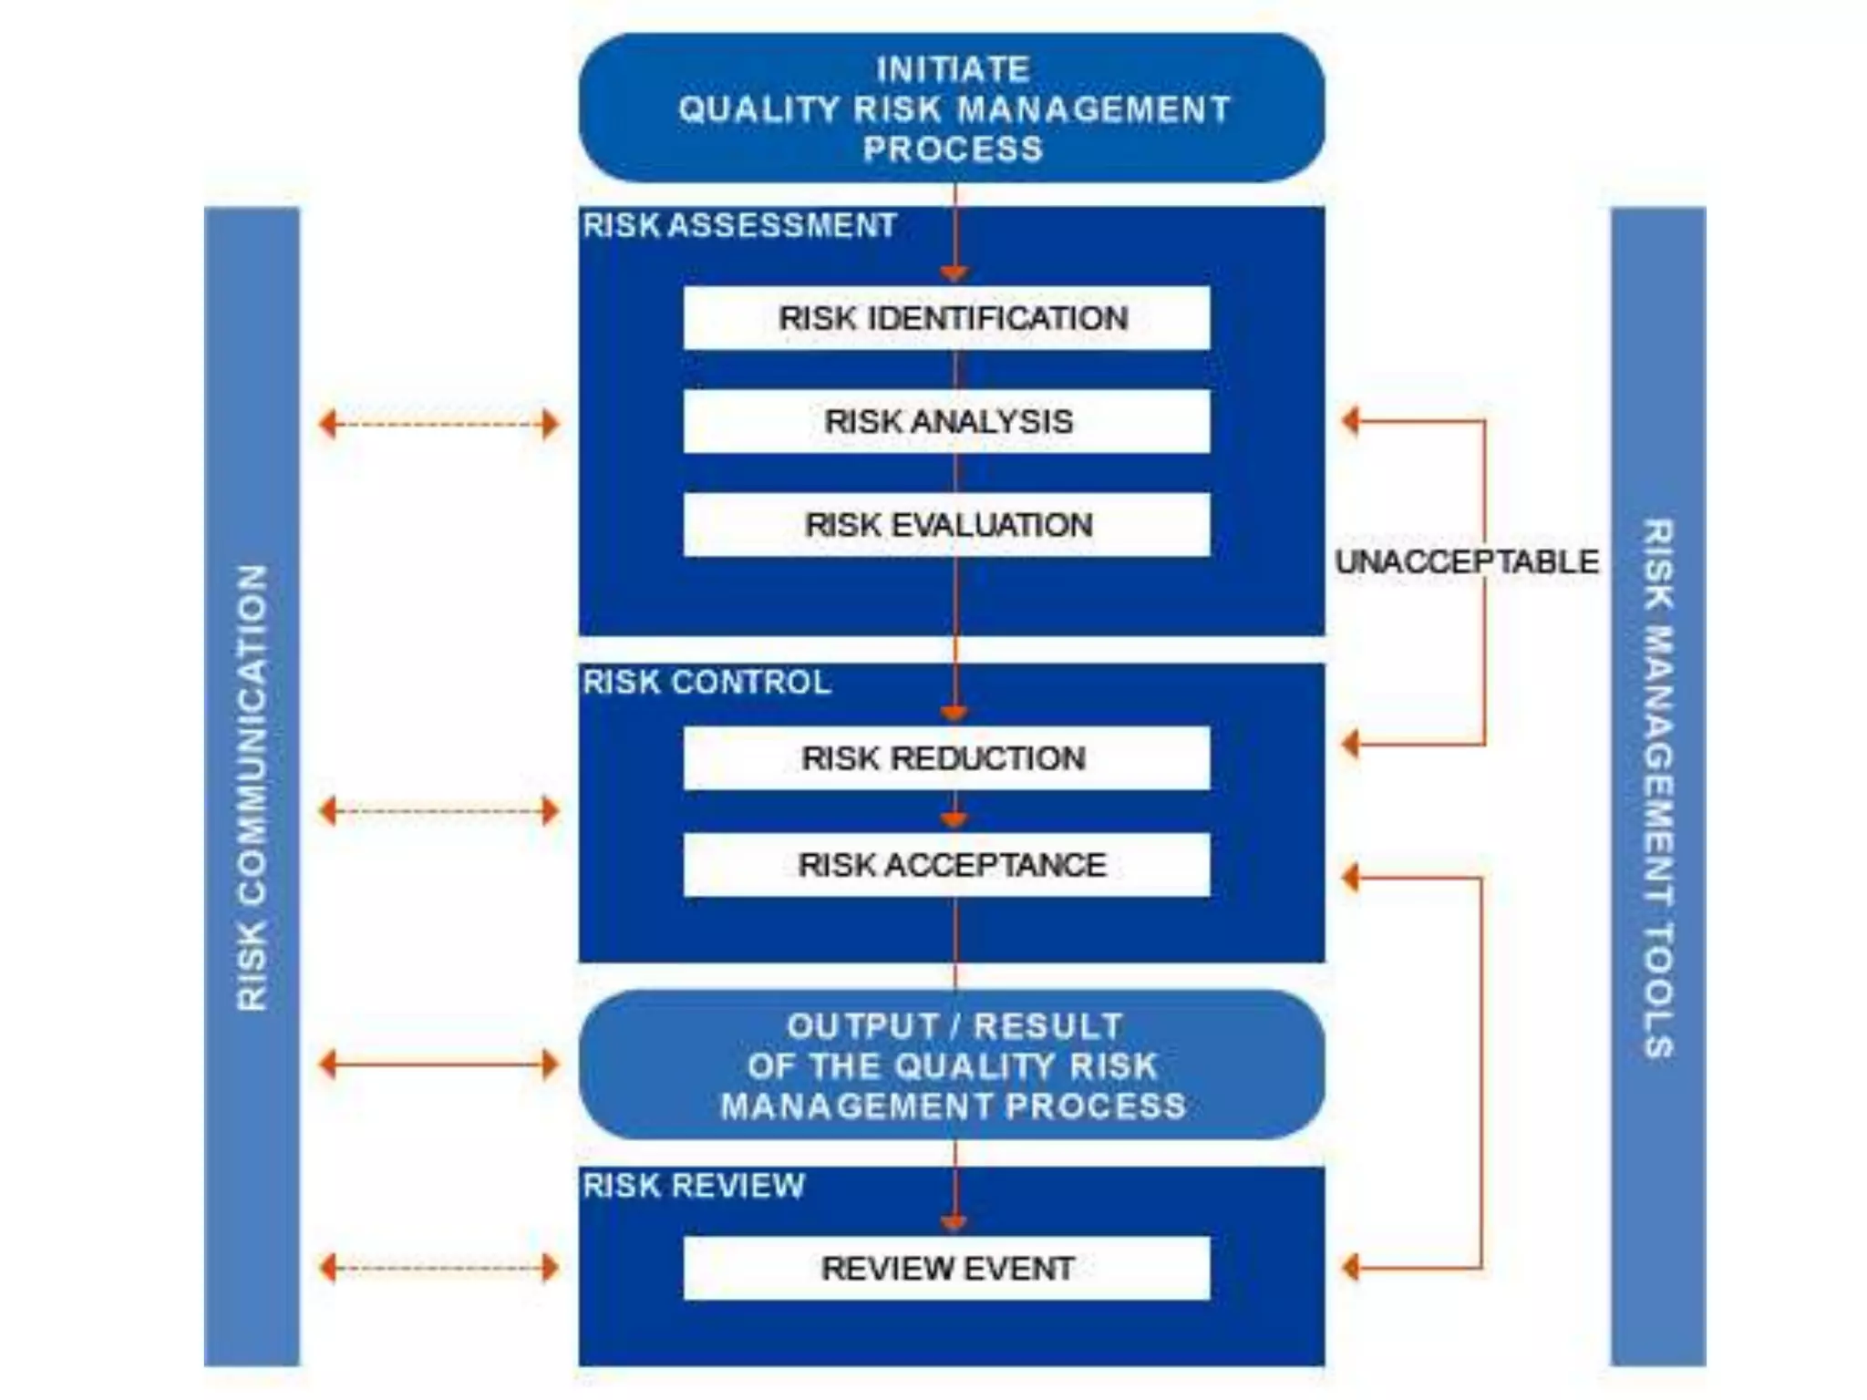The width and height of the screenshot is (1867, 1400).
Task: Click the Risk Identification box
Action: click(x=946, y=318)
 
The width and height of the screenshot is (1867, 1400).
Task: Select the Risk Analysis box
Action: click(x=946, y=421)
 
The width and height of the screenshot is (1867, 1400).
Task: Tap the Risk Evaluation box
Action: click(x=946, y=525)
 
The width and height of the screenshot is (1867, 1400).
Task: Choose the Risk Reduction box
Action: click(x=946, y=758)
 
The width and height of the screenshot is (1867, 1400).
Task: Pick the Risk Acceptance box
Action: click(x=946, y=864)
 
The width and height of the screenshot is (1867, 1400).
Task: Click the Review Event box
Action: click(x=946, y=1268)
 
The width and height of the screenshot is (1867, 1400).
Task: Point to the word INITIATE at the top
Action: click(x=953, y=69)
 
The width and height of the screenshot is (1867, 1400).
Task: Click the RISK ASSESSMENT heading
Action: click(x=739, y=225)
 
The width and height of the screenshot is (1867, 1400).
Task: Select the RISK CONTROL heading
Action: click(x=707, y=682)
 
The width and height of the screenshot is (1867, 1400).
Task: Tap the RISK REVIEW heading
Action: click(x=694, y=1185)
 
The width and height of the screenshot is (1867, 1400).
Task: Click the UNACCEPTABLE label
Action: click(x=1466, y=561)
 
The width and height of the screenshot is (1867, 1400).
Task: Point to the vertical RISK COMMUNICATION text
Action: click(x=252, y=787)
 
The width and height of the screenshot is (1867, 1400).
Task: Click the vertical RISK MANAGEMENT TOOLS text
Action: click(x=1657, y=787)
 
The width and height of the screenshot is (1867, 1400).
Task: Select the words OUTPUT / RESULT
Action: click(x=954, y=1026)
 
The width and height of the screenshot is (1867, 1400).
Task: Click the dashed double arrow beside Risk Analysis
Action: click(x=438, y=424)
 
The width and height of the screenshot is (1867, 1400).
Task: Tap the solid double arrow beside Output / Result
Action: click(x=438, y=1064)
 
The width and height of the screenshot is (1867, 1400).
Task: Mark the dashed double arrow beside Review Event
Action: click(x=438, y=1268)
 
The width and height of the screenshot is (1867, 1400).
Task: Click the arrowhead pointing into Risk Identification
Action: click(x=954, y=273)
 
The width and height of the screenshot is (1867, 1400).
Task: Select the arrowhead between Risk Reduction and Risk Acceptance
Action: click(x=954, y=819)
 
